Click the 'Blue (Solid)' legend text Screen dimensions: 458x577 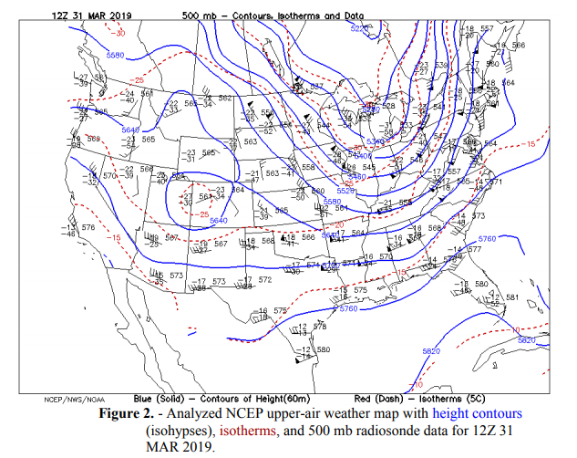pyautogui.click(x=157, y=400)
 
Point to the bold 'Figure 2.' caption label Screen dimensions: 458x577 pyautogui.click(x=137, y=414)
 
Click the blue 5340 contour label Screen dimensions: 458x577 pyautogui.click(x=373, y=141)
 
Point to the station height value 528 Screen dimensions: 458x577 pyautogui.click(x=389, y=106)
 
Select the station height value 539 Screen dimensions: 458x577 pyautogui.click(x=441, y=66)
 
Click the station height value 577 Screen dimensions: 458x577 pyautogui.click(x=474, y=248)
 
